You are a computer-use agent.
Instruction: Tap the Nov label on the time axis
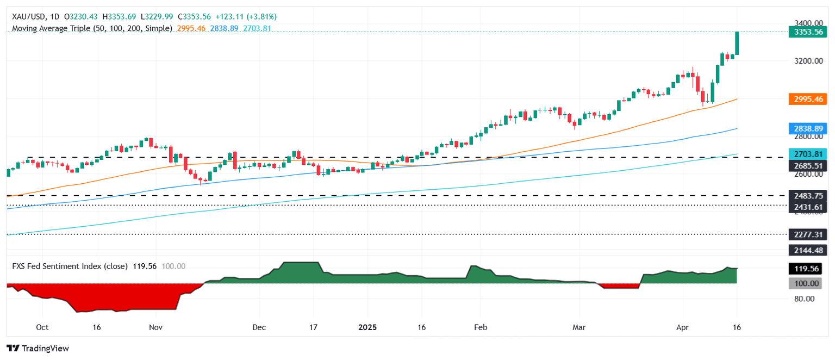(x=156, y=327)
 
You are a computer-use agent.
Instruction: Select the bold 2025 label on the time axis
(x=367, y=327)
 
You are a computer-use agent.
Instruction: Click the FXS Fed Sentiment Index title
(x=70, y=266)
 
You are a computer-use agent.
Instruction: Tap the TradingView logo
(x=38, y=348)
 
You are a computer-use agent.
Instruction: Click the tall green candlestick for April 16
(x=737, y=43)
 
